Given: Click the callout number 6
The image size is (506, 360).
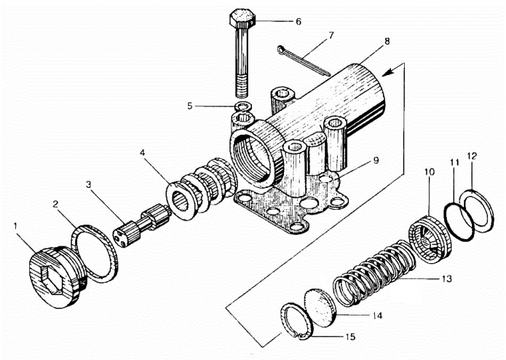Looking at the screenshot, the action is pyautogui.click(x=299, y=22).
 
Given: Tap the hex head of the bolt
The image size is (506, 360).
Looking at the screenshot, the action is pyautogui.click(x=242, y=19).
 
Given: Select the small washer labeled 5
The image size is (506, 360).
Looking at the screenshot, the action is pyautogui.click(x=243, y=106).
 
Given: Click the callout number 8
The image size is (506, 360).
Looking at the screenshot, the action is pyautogui.click(x=387, y=42).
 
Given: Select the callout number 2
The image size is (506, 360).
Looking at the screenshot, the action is pyautogui.click(x=55, y=204).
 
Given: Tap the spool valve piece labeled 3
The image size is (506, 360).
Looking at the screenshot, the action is pyautogui.click(x=142, y=225).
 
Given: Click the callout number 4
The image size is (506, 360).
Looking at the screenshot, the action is pyautogui.click(x=143, y=152).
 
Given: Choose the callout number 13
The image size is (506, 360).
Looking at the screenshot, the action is pyautogui.click(x=446, y=278).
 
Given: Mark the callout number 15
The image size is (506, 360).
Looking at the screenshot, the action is pyautogui.click(x=350, y=337).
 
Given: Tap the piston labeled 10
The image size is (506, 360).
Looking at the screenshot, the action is pyautogui.click(x=430, y=239).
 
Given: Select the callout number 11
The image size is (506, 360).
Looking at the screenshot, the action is pyautogui.click(x=454, y=163).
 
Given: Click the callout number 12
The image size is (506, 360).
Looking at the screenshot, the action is pyautogui.click(x=472, y=156).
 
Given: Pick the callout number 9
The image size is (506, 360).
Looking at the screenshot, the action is pyautogui.click(x=376, y=160).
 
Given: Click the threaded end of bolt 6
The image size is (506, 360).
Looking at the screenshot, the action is pyautogui.click(x=242, y=87).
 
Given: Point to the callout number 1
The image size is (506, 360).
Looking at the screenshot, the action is pyautogui.click(x=15, y=227).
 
